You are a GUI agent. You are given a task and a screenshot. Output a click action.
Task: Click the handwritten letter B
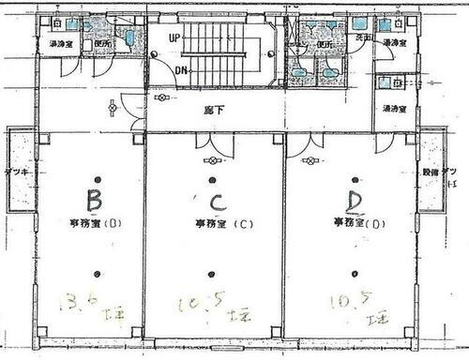(x=93, y=200)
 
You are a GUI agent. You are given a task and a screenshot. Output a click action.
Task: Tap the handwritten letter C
(x=215, y=203)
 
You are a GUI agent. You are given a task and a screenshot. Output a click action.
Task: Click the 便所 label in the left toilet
(x=105, y=43)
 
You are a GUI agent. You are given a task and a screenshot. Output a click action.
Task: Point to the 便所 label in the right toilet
(x=323, y=43)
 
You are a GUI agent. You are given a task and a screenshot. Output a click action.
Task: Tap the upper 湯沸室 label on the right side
(x=393, y=43)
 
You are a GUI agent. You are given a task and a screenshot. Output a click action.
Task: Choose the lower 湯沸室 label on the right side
(x=393, y=109)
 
